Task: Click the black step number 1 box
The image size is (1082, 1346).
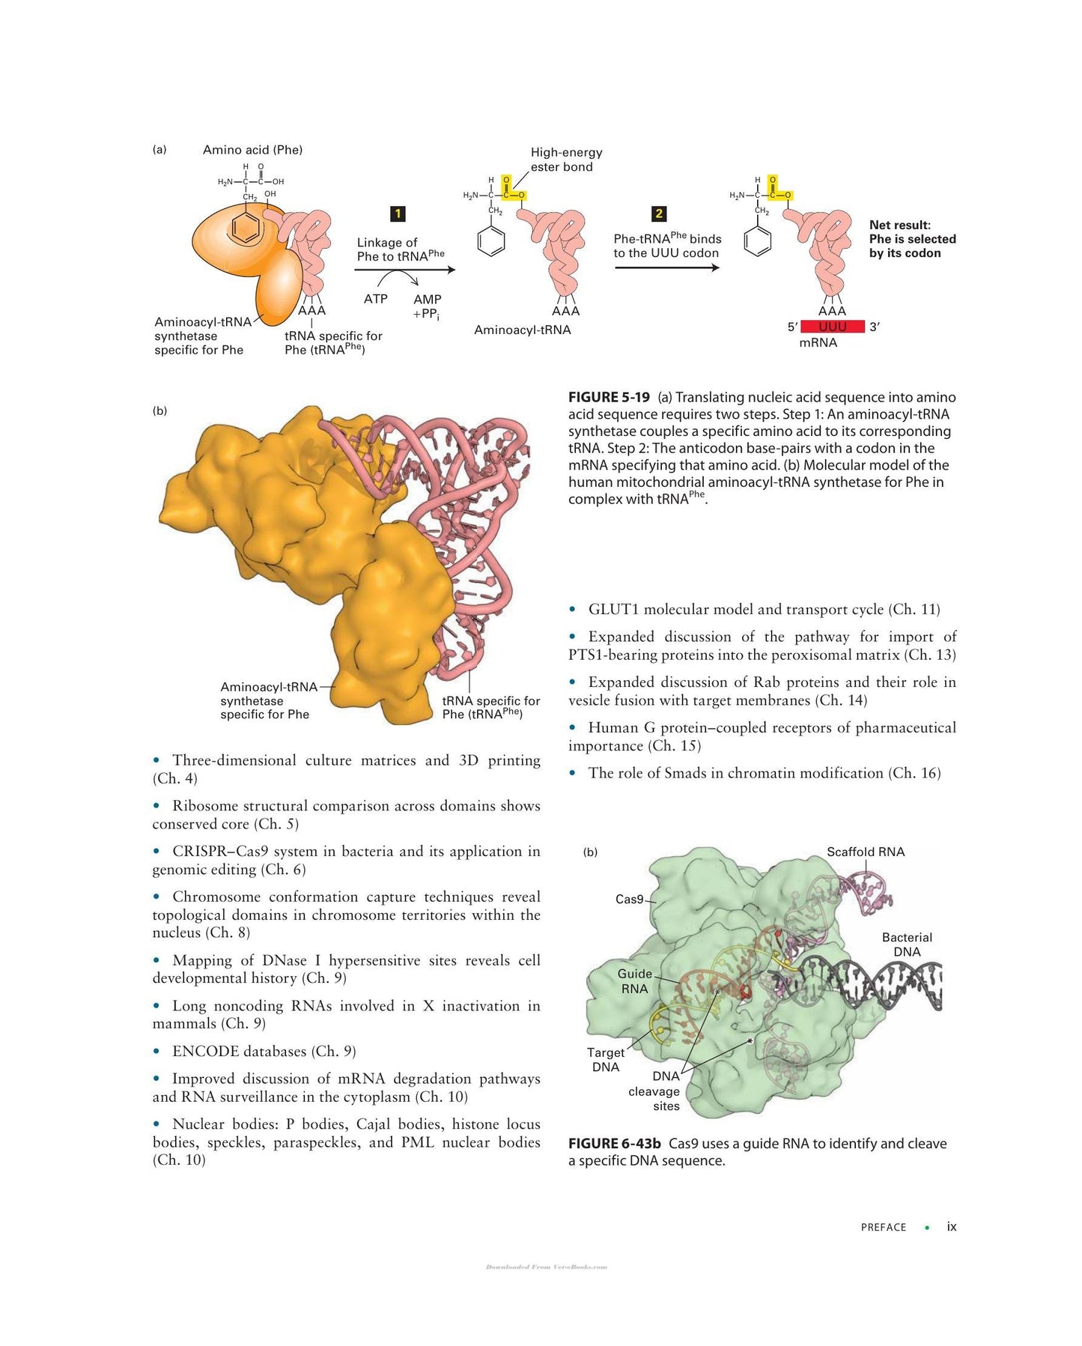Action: [x=398, y=214]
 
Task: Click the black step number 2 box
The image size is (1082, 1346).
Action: [x=659, y=214]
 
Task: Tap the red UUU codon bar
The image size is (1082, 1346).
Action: [x=833, y=327]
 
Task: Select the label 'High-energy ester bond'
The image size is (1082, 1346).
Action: [x=566, y=160]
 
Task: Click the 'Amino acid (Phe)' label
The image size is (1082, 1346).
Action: [x=252, y=150]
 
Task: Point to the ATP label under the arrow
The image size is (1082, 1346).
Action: [x=376, y=299]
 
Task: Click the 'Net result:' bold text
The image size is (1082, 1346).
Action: [x=900, y=225]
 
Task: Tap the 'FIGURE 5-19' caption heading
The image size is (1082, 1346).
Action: [x=609, y=397]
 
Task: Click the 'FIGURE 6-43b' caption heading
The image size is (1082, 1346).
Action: [x=614, y=1144]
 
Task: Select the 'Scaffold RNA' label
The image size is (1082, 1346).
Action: [x=866, y=852]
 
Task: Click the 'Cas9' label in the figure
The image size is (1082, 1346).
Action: [x=629, y=899]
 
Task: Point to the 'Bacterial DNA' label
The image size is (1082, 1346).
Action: [x=907, y=945]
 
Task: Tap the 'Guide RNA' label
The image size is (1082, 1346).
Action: [x=635, y=981]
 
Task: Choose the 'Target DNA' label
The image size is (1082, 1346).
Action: [x=606, y=1060]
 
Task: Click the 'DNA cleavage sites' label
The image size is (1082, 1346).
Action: [x=654, y=1091]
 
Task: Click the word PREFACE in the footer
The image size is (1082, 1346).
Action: [x=884, y=1228]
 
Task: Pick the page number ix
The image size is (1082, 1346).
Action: [x=952, y=1227]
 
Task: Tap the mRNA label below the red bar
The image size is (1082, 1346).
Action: [x=818, y=342]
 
